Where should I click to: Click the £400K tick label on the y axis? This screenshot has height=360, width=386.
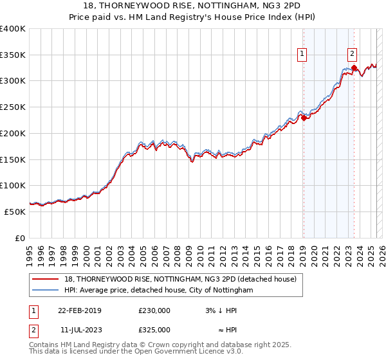click(13, 29)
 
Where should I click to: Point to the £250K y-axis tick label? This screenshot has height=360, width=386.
click(13, 107)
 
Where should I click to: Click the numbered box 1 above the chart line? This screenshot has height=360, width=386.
click(302, 54)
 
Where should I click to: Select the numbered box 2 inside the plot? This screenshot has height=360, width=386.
click(353, 54)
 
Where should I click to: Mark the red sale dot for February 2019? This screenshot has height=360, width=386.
click(303, 118)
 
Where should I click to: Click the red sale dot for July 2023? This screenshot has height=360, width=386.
click(354, 67)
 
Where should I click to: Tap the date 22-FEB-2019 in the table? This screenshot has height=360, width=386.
click(80, 310)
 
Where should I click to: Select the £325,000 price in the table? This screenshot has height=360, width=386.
click(154, 330)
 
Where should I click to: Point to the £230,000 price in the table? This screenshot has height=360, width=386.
click(154, 310)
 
